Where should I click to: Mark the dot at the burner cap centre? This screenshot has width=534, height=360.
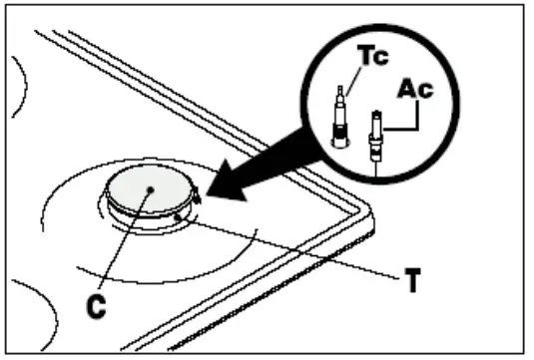click(x=148, y=187)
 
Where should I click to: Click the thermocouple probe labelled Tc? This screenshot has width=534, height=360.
click(x=339, y=114)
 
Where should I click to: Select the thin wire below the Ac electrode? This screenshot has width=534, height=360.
click(x=375, y=166)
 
